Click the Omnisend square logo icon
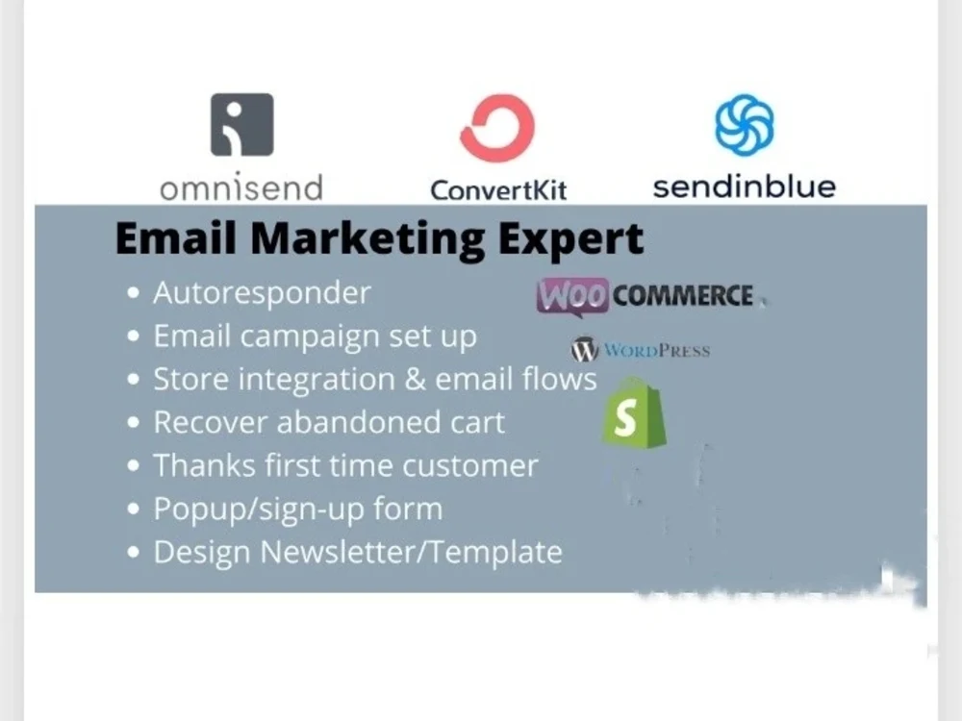tap(241, 124)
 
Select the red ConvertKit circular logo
tap(496, 128)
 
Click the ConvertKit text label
tap(497, 188)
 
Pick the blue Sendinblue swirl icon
tap(744, 125)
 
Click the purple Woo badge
tap(572, 296)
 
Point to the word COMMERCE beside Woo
tap(682, 296)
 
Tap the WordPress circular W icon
tap(585, 350)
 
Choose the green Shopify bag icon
tap(633, 415)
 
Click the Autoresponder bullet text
tap(262, 293)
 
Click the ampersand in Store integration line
tap(414, 379)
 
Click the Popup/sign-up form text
tap(297, 509)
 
